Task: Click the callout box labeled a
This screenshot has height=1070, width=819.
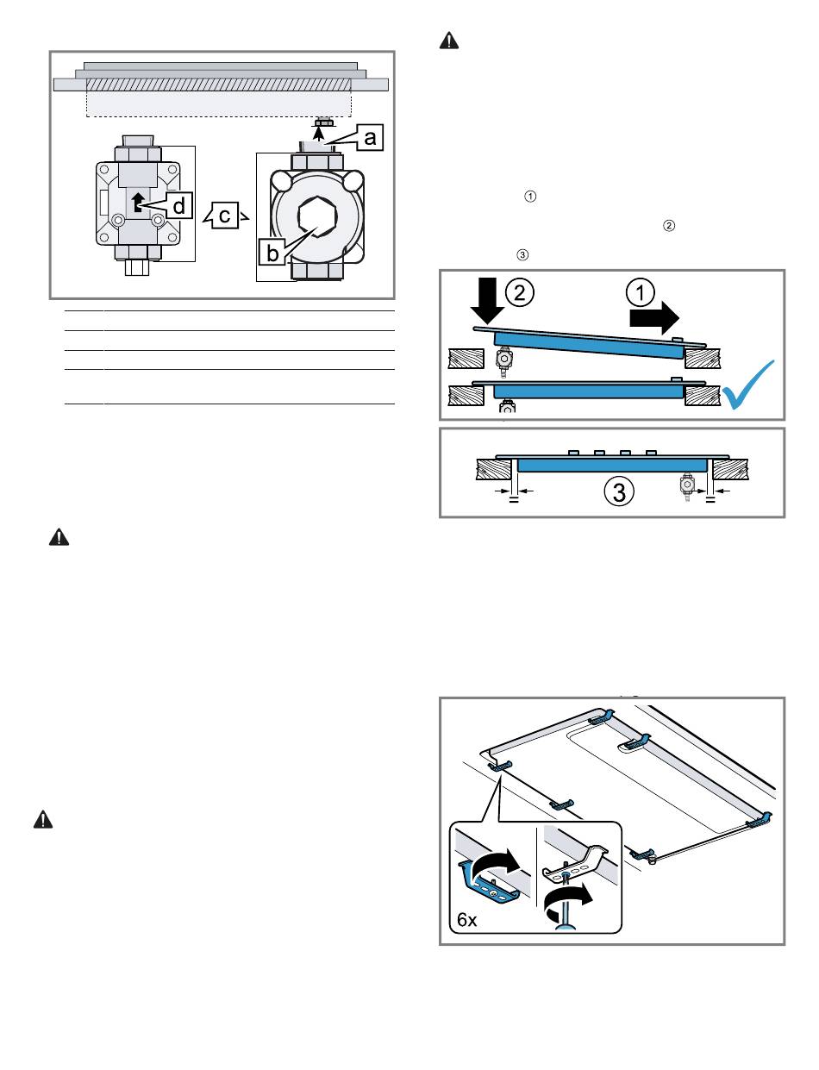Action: (x=370, y=137)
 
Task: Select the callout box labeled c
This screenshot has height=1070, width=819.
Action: (x=225, y=216)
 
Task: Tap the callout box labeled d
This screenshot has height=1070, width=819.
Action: (x=178, y=205)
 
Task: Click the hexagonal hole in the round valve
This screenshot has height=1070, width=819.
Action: (x=317, y=216)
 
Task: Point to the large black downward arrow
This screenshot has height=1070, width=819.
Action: (x=487, y=300)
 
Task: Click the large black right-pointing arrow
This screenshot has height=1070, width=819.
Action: (x=654, y=317)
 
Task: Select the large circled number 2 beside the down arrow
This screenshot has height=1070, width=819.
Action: (x=520, y=292)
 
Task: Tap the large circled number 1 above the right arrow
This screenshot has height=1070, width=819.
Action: (x=641, y=292)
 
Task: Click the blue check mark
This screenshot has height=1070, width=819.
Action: (x=747, y=386)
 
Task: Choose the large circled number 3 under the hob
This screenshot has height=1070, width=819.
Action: (x=619, y=491)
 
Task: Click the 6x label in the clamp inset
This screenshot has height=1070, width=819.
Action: (x=466, y=919)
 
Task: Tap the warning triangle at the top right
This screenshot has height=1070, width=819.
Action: (x=449, y=41)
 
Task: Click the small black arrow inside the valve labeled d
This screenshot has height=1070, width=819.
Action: (x=137, y=203)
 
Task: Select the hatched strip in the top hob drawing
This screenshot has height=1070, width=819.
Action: (x=219, y=84)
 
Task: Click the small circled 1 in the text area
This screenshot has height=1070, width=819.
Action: (x=530, y=196)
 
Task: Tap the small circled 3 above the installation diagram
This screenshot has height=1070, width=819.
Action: (x=522, y=254)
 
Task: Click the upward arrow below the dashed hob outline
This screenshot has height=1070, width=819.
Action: (x=320, y=132)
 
